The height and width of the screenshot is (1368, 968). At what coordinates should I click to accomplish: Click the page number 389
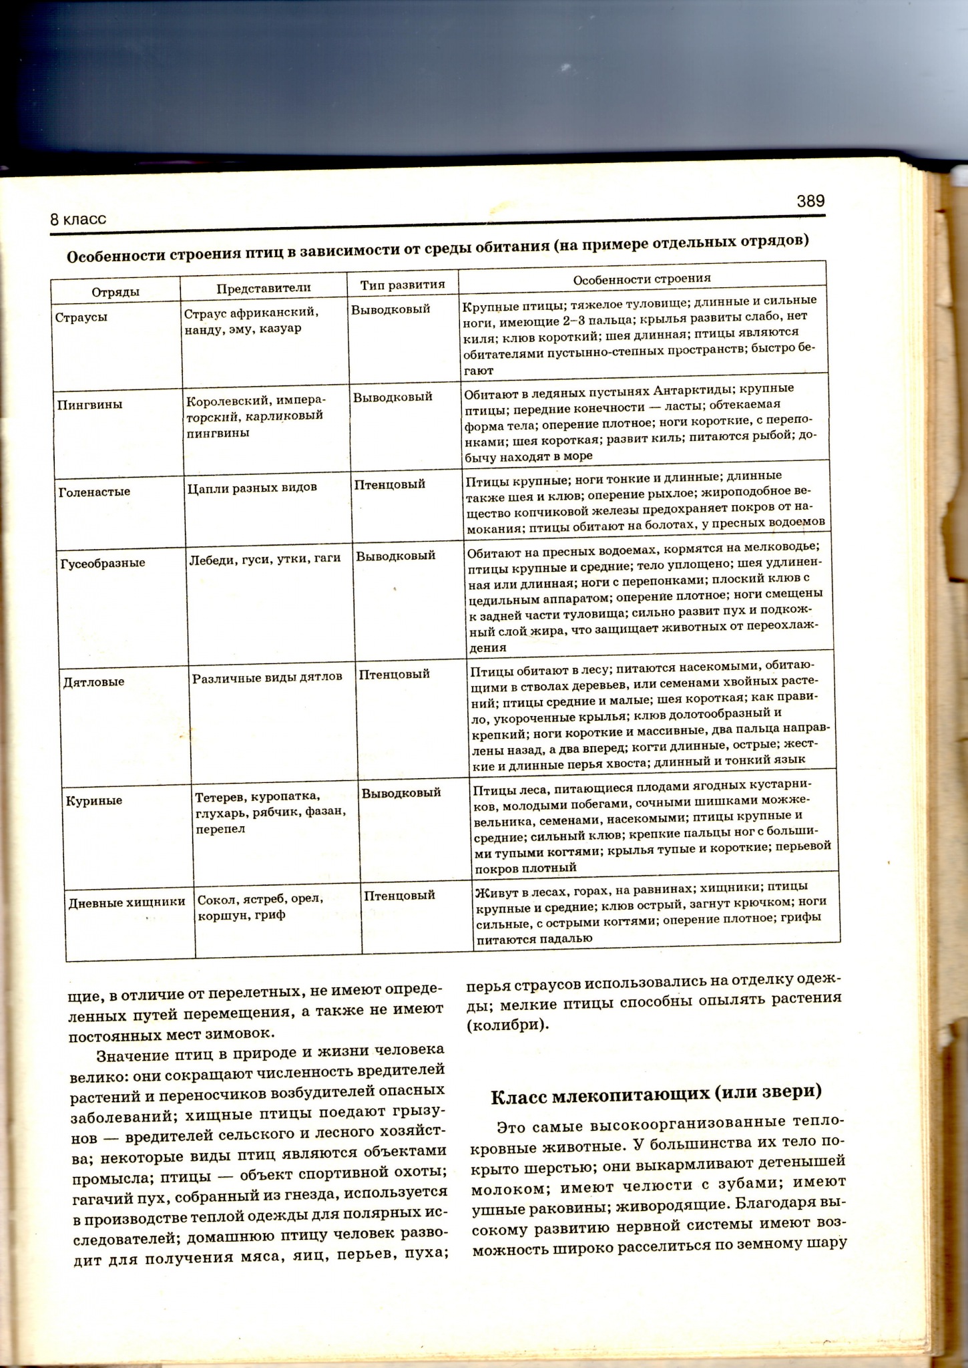810,201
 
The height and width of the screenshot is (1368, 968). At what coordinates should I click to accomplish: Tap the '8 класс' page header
78,219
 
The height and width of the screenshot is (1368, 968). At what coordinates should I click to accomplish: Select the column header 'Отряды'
115,292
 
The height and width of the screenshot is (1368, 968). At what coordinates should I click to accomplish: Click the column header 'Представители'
264,288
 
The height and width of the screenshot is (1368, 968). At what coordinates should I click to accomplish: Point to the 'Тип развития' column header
403,285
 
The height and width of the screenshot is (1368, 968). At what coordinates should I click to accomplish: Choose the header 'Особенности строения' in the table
642,279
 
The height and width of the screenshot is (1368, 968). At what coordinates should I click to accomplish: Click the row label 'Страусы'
81,317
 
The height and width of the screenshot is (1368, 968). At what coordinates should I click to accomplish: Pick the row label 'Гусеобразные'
103,562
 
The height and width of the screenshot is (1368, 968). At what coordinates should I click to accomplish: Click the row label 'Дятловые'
93,682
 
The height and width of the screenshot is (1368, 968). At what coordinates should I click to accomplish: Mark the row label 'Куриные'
94,800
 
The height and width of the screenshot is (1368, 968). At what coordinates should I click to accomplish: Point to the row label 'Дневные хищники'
127,902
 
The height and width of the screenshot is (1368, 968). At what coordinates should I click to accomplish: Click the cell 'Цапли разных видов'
252,487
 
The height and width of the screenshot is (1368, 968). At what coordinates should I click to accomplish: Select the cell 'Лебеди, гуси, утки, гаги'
265,558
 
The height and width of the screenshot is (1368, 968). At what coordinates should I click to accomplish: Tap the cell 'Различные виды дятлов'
267,677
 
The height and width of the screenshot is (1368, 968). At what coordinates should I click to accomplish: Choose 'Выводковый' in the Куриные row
401,793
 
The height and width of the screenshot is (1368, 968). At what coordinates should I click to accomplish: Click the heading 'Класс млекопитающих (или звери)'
656,1094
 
